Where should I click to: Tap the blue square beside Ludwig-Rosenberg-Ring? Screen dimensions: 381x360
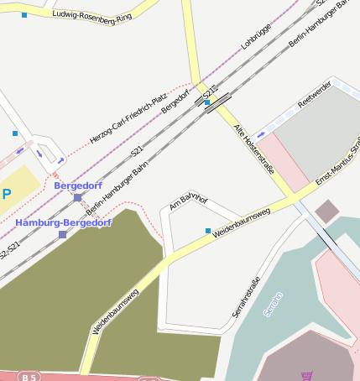pyautogui.click(x=24, y=15)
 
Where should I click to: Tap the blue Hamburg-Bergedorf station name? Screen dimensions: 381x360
pyautogui.click(x=63, y=222)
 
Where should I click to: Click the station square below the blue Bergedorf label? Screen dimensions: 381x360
pyautogui.click(x=77, y=197)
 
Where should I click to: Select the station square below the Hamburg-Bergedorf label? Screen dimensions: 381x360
pyautogui.click(x=62, y=234)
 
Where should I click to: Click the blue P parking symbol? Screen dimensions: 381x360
pyautogui.click(x=7, y=194)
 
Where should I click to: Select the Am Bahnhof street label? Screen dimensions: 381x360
pyautogui.click(x=188, y=201)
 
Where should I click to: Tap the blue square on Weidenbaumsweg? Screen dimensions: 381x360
pyautogui.click(x=208, y=230)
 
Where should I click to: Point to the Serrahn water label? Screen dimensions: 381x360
pyautogui.click(x=274, y=304)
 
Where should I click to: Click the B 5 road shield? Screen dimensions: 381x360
pyautogui.click(x=29, y=377)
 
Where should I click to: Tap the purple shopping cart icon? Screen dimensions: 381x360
pyautogui.click(x=306, y=376)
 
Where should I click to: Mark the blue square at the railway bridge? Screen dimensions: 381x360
pyautogui.click(x=206, y=102)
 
